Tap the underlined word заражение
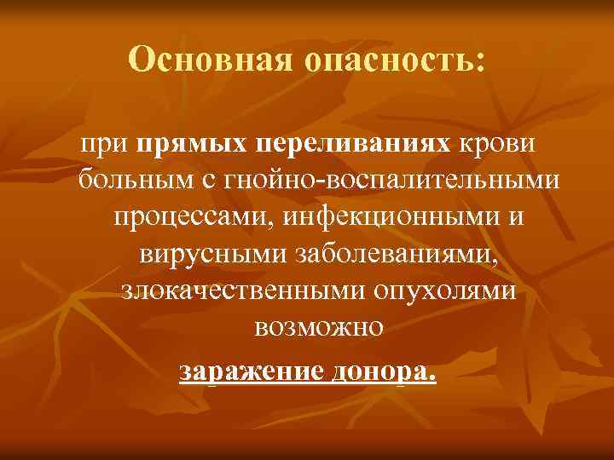[x=247, y=371]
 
